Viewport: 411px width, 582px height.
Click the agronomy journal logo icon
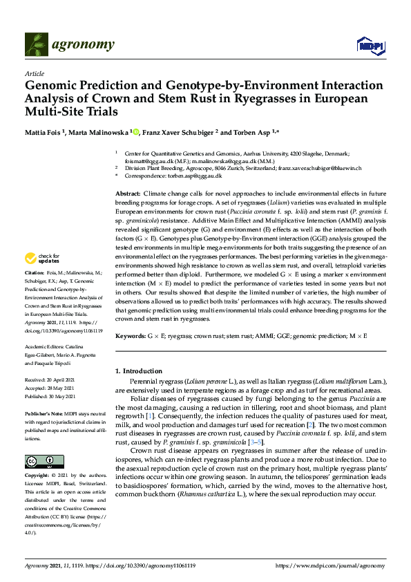(x=38, y=45)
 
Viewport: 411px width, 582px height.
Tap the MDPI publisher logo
(x=370, y=46)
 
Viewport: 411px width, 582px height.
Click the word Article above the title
(x=34, y=74)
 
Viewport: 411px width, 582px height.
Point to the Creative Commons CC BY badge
(x=40, y=461)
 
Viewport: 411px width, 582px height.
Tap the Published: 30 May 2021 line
(x=53, y=396)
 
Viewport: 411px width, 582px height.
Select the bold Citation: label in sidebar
(x=36, y=293)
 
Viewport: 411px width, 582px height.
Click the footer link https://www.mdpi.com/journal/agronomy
(x=330, y=565)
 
